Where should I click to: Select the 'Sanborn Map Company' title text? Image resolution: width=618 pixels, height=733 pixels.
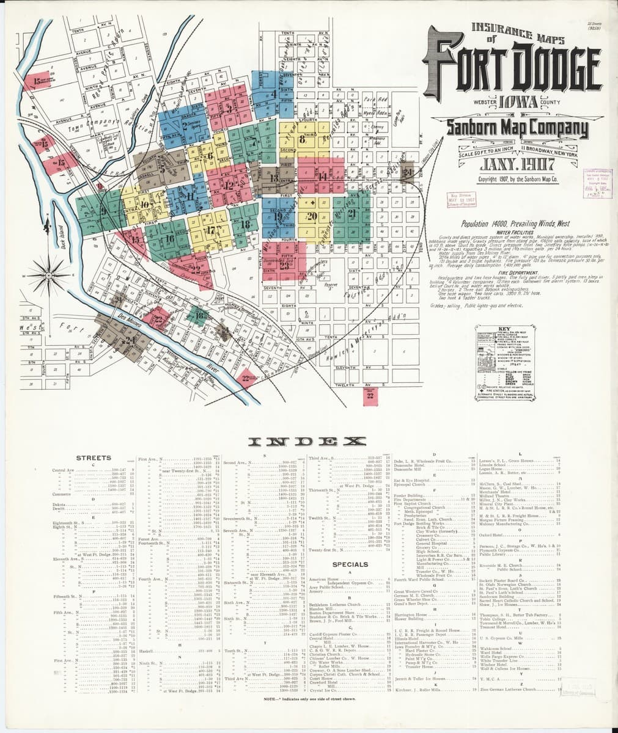coord(517,128)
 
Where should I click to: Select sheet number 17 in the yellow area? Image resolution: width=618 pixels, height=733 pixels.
coord(210,230)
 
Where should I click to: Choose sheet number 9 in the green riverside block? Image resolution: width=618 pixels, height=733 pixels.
coord(103,211)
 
